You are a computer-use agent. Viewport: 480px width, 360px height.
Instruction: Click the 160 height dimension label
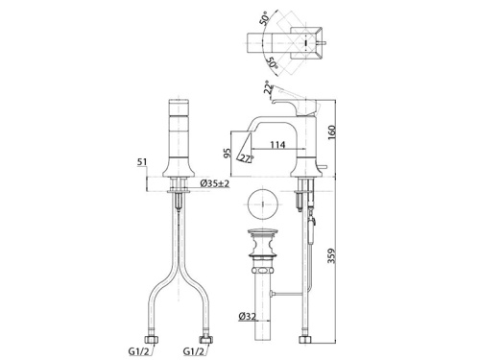click(332, 131)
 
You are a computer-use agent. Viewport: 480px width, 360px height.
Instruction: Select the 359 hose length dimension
click(332, 256)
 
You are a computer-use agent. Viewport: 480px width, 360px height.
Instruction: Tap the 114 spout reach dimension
click(277, 145)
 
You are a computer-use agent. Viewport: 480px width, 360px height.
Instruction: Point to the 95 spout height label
click(228, 154)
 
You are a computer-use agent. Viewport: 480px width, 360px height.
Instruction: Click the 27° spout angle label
click(248, 158)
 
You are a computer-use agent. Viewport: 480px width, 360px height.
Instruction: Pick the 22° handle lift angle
click(268, 87)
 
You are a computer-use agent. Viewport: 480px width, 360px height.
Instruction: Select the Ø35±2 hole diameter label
click(214, 183)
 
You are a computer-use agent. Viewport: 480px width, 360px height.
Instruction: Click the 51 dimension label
click(142, 162)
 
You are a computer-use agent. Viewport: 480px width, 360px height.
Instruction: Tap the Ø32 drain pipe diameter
click(248, 317)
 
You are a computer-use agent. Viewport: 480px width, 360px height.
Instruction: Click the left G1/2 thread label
click(139, 351)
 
